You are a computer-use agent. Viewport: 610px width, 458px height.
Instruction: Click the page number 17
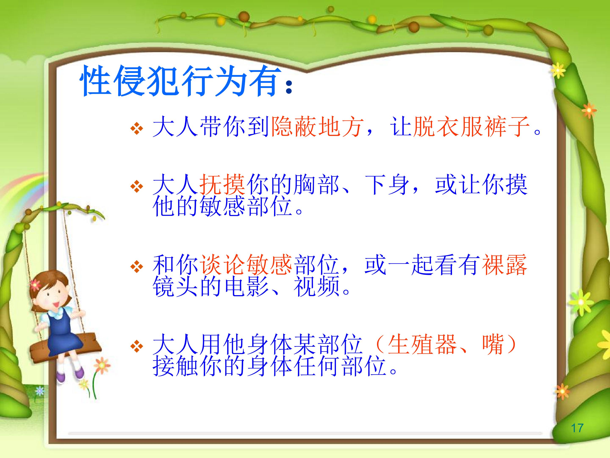(577, 428)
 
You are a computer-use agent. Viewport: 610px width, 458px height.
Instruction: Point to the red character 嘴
(493, 344)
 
